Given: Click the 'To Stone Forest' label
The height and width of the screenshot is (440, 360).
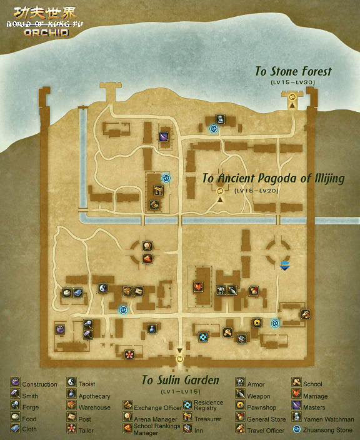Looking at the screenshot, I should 293,71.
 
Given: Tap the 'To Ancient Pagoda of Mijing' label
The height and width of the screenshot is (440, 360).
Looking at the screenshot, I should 273,179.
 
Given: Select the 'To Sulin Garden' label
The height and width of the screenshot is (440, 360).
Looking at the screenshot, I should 180,380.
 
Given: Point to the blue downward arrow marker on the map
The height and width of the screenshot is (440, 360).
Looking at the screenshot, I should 285,265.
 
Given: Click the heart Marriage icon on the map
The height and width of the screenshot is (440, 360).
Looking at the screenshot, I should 198,288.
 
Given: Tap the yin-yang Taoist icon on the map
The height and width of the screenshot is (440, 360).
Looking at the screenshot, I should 104,288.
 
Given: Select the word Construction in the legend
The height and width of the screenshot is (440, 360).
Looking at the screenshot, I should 39,384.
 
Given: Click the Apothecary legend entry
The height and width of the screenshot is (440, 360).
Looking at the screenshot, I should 94,396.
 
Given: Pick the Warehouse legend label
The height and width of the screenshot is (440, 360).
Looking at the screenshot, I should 94,407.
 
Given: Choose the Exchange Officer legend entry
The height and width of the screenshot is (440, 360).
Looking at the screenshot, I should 157,407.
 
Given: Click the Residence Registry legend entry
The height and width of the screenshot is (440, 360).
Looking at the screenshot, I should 208,406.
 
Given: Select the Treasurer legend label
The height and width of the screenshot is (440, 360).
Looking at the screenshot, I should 207,419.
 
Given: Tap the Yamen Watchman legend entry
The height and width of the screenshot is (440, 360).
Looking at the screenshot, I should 328,419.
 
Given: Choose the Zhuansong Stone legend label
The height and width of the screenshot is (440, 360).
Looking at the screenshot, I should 327,430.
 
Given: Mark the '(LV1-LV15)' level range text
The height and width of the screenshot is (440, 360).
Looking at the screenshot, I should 180,391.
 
